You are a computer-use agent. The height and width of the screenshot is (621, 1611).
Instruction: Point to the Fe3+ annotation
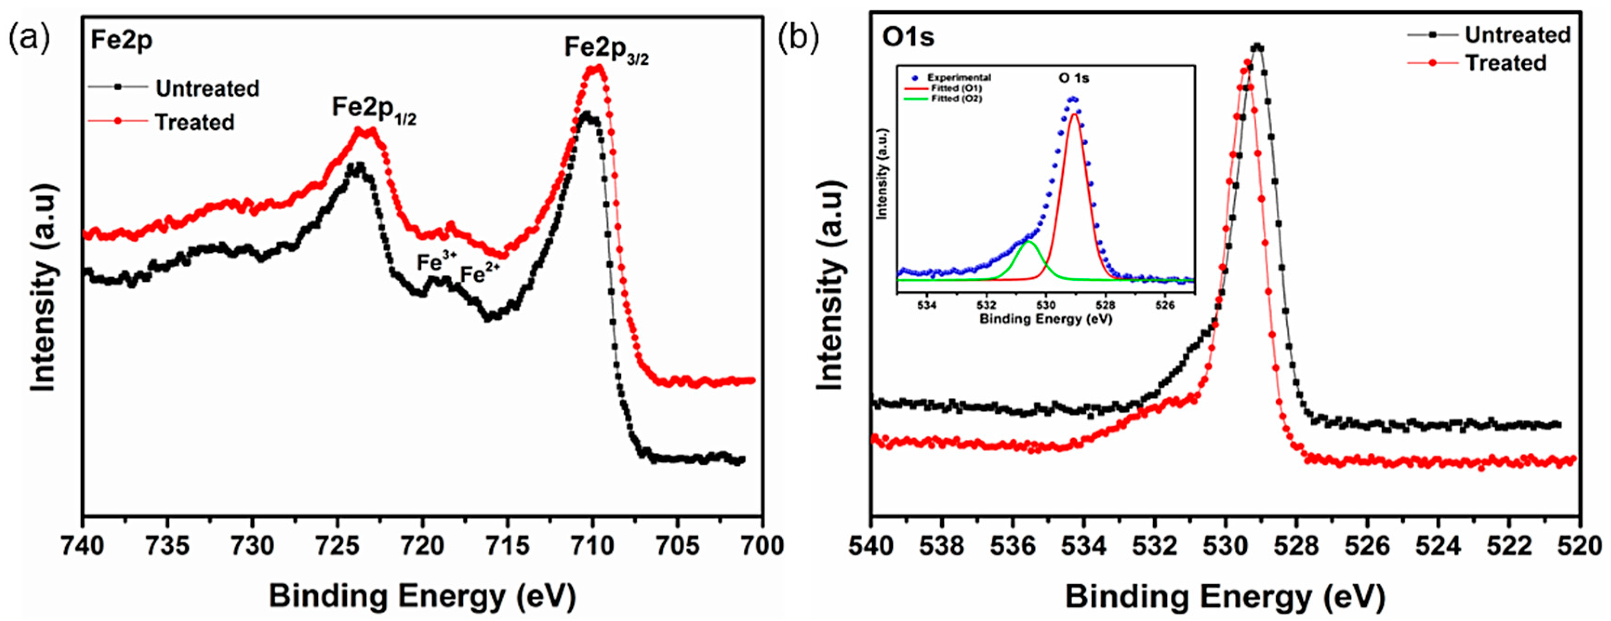point(437,262)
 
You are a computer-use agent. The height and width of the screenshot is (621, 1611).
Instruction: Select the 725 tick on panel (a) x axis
point(337,546)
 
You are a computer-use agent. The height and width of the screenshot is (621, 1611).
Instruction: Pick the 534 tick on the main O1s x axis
point(1084,546)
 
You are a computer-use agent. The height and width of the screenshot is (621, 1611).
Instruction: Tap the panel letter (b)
point(798,39)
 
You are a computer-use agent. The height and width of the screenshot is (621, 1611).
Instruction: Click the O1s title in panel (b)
point(908,38)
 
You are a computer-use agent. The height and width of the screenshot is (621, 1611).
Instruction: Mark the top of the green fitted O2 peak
point(1028,241)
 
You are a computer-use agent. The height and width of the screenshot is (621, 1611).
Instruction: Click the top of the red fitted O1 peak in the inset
point(1074,114)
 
